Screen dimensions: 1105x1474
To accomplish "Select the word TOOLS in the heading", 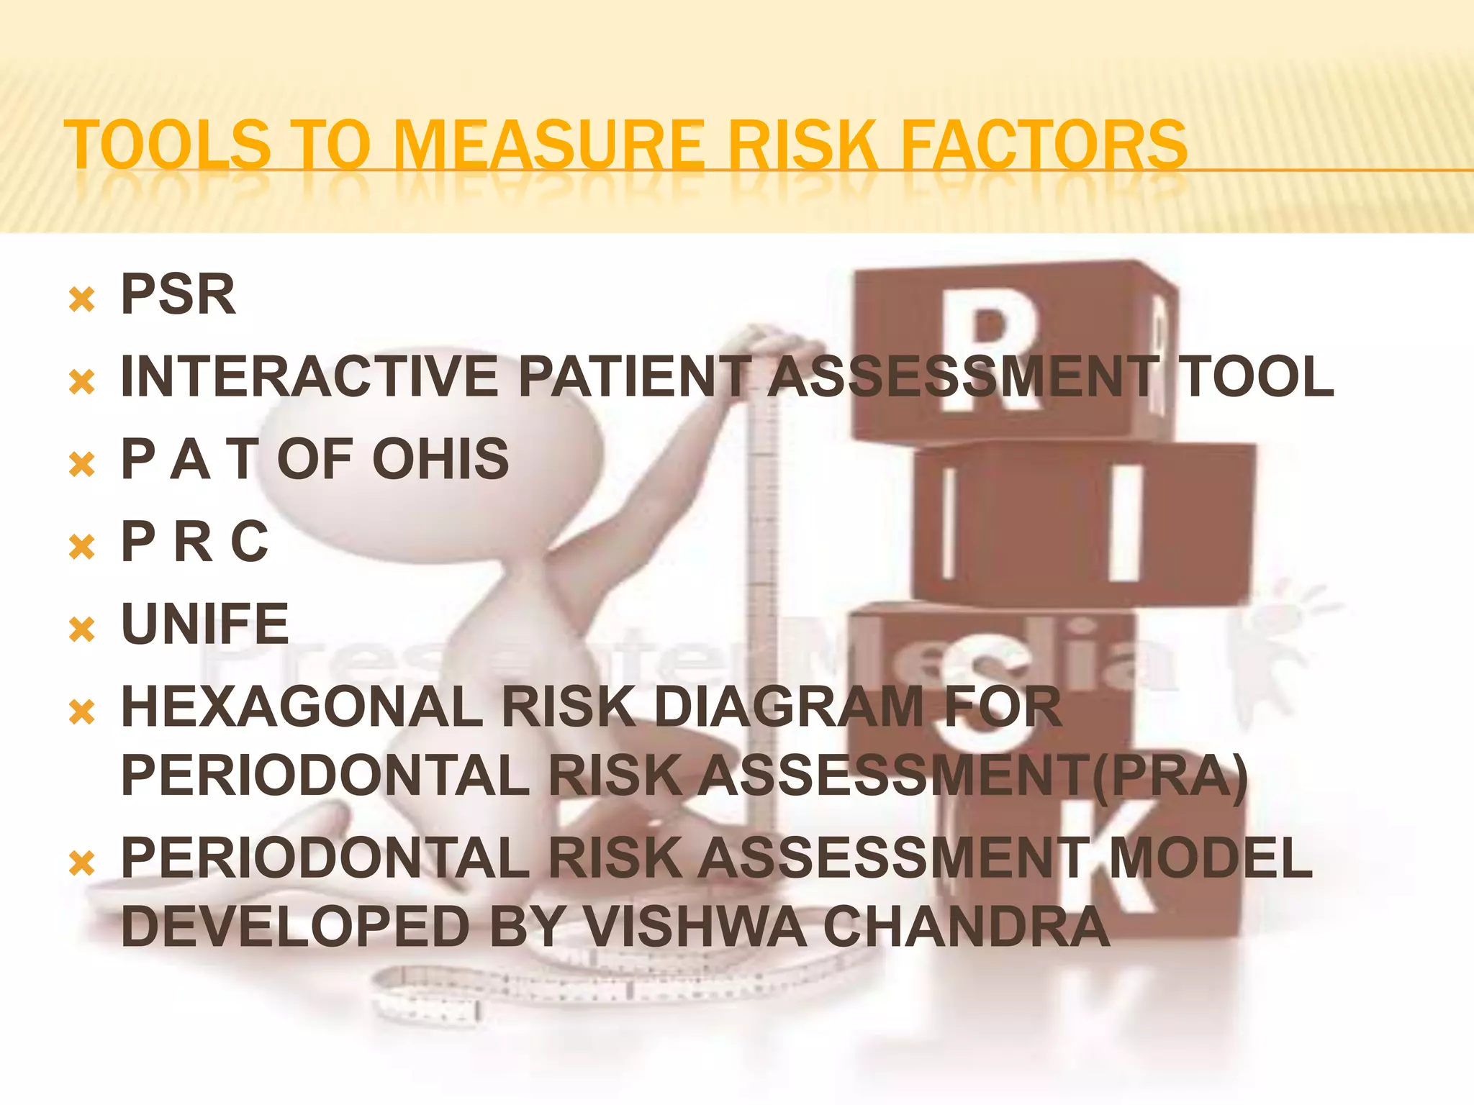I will click(x=168, y=146).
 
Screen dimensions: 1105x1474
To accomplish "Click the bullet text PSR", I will click(x=178, y=294).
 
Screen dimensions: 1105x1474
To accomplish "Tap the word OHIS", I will click(x=440, y=459).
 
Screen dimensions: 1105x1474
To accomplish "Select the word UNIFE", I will click(x=205, y=624).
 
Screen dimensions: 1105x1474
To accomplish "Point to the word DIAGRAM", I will click(x=789, y=706).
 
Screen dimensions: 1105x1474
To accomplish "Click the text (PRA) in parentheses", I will click(x=1170, y=776).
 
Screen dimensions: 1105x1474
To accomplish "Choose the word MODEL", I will click(x=1211, y=858).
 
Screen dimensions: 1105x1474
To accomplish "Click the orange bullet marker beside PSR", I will click(x=82, y=299).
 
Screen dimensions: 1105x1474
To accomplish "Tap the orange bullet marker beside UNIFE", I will click(x=82, y=629).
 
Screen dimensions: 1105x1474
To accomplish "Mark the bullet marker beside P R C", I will click(x=82, y=547).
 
